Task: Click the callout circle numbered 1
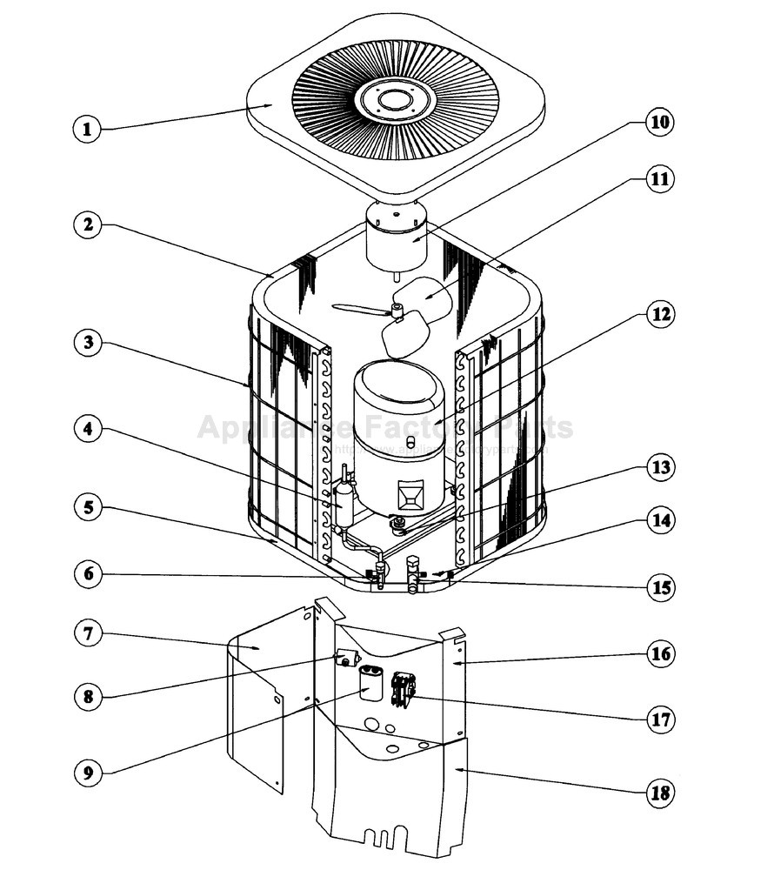pos(86,130)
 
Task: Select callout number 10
pos(659,121)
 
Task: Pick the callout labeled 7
pos(86,633)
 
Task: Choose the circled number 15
pos(659,587)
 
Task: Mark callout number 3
pos(86,342)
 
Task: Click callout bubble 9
pos(86,772)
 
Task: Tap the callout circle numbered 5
pos(86,507)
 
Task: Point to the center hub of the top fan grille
pos(396,97)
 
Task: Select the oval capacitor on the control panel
pos(372,682)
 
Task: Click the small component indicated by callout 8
pos(348,659)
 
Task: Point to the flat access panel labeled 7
pos(257,696)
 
